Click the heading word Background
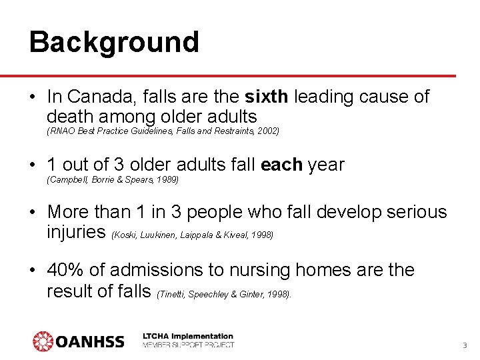pyautogui.click(x=114, y=42)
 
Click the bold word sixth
pyautogui.click(x=267, y=97)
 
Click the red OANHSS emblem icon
pyautogui.click(x=43, y=341)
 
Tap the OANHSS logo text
pyautogui.click(x=90, y=342)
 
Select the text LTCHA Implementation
pyautogui.click(x=188, y=336)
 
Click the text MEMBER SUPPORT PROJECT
pyautogui.click(x=188, y=345)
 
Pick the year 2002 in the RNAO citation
pyautogui.click(x=268, y=131)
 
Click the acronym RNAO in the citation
pyautogui.click(x=60, y=131)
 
